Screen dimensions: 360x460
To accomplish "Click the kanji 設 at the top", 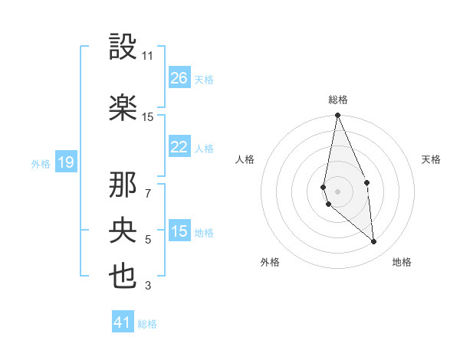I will (x=123, y=47).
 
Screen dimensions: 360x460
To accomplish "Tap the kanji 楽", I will (x=123, y=108).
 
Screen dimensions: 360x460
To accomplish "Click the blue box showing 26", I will (x=179, y=78).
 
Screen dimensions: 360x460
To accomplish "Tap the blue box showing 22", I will (x=179, y=147).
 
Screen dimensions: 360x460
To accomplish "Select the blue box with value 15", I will (x=179, y=232).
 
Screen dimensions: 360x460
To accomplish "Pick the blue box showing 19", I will (x=65, y=162).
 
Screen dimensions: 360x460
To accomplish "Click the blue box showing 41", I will (x=123, y=322).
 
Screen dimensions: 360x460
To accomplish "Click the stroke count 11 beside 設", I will (x=147, y=56).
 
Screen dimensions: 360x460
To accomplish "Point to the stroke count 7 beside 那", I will (x=148, y=193).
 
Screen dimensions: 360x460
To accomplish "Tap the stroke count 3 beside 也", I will (x=148, y=286).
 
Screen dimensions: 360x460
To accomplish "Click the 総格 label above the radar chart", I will (x=337, y=100).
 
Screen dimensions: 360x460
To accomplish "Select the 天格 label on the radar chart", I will (x=432, y=159).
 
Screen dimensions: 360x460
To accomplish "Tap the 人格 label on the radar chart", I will (x=245, y=159).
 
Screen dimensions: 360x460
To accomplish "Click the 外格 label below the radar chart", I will (x=270, y=262).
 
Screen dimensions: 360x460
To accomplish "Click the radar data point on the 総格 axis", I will (x=337, y=116).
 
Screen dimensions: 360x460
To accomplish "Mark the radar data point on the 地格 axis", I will (x=374, y=242).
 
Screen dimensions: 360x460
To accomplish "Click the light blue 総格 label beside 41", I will (x=147, y=324).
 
